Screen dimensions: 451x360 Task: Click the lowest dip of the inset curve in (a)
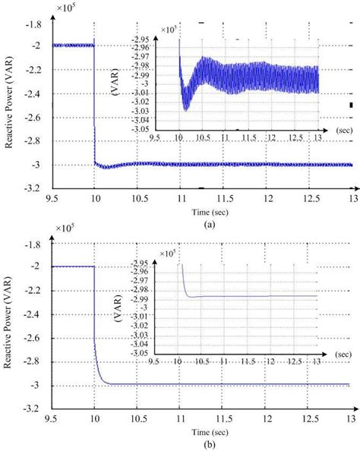click(x=185, y=110)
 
